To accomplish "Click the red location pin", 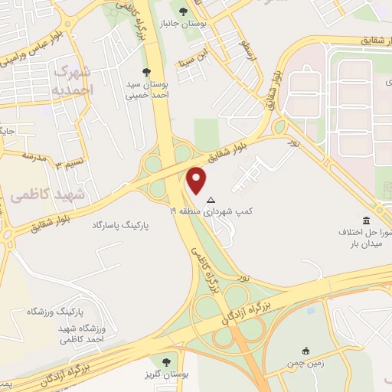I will (x=198, y=180).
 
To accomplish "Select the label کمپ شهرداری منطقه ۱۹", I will (x=221, y=210).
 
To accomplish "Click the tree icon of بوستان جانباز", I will (x=182, y=11).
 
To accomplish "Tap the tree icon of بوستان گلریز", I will (x=166, y=361).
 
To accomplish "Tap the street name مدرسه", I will (x=34, y=155).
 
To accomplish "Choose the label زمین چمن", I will (x=306, y=363).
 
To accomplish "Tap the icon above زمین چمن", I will (x=306, y=351).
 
